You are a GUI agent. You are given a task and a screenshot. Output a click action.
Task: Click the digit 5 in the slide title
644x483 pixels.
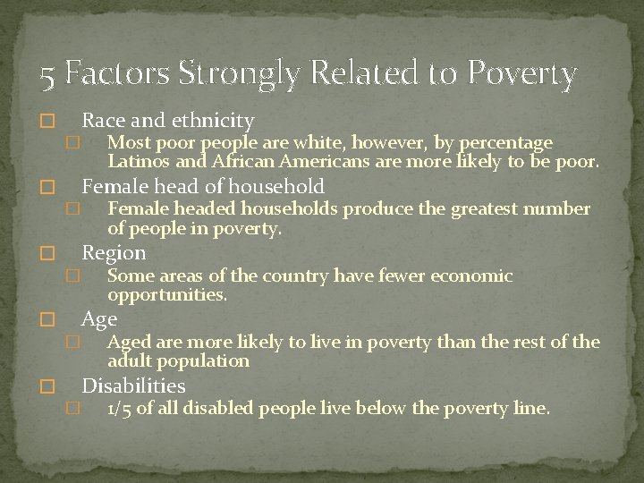click(x=47, y=75)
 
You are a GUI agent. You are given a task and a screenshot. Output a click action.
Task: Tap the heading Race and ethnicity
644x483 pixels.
click(x=168, y=120)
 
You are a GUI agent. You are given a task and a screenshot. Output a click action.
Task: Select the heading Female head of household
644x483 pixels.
click(x=203, y=186)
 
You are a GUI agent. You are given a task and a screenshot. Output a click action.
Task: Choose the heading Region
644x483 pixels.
click(x=114, y=252)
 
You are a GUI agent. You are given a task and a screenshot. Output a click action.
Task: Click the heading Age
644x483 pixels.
click(x=99, y=318)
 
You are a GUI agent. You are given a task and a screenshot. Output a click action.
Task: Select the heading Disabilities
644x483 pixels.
click(x=133, y=386)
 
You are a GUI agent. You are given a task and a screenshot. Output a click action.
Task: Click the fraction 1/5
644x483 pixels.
click(x=120, y=410)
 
